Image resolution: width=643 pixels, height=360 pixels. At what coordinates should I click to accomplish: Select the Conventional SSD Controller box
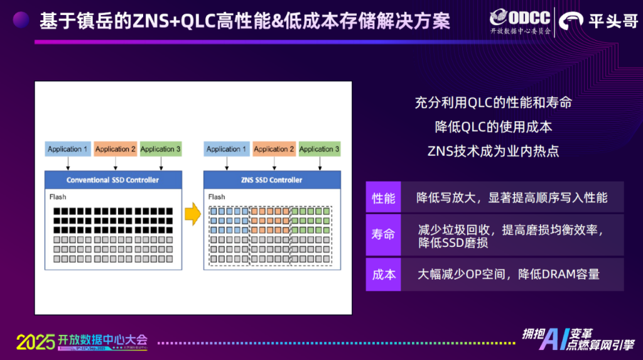113,180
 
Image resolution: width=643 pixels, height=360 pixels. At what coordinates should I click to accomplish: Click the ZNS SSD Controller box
273,180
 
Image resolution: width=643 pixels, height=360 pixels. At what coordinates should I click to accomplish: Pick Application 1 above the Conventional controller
68,149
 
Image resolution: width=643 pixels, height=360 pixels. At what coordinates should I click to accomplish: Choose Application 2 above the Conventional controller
115,149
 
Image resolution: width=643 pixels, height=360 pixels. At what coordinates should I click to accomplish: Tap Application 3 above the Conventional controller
161,149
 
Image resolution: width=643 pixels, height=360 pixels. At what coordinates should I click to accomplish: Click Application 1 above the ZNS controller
227,149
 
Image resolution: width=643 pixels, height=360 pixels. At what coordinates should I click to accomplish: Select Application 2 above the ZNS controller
274,149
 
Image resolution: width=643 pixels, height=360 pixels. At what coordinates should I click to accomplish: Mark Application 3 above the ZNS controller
320,149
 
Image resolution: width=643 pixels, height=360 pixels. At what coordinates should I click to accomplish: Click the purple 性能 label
383,198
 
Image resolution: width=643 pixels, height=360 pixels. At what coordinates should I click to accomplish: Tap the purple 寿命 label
383,235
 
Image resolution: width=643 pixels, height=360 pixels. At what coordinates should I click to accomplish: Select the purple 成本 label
383,275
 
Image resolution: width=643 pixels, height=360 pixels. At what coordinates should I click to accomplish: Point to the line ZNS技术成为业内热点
493,151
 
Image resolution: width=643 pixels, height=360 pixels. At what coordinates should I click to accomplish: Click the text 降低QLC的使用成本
494,126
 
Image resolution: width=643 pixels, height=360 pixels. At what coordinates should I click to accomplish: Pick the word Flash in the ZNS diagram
217,197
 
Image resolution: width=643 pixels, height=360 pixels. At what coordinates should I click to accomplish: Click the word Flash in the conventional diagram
58,197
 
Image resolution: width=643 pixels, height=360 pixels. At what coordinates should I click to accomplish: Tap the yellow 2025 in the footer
34,342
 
